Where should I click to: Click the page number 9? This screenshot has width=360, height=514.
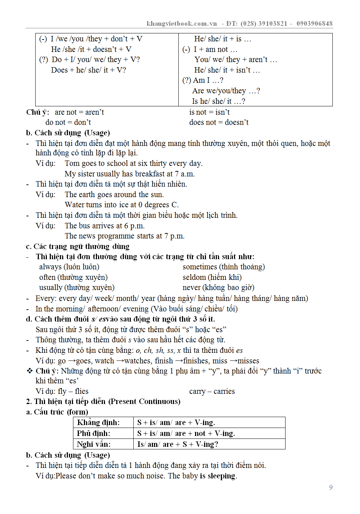coord(331,487)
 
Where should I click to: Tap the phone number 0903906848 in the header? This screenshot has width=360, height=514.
coord(314,24)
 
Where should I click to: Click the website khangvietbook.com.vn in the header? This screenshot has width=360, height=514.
coord(182,24)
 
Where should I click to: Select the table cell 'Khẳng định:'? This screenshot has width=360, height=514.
coord(98,423)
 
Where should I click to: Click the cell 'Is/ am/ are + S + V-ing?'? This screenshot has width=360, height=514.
coord(178,444)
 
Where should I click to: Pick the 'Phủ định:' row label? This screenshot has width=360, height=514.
coord(93,433)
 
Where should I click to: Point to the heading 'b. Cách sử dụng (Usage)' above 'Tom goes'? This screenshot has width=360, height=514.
coord(68,133)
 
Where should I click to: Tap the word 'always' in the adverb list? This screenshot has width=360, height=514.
coord(50,267)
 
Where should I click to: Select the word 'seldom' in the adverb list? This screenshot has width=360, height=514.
coord(194,277)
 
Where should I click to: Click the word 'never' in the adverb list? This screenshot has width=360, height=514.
coord(191,287)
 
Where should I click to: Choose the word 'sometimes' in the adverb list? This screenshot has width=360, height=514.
coord(200,267)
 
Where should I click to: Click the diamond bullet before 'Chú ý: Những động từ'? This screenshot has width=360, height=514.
coord(30,371)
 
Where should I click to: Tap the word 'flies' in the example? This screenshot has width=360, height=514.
coord(81,391)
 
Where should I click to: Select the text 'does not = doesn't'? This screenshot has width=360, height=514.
coord(219,122)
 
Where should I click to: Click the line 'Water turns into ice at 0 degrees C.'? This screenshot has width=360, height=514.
coord(122,205)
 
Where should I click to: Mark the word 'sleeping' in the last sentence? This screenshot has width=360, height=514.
coord(221,476)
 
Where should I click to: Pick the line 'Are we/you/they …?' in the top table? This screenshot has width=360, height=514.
coord(226,91)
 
